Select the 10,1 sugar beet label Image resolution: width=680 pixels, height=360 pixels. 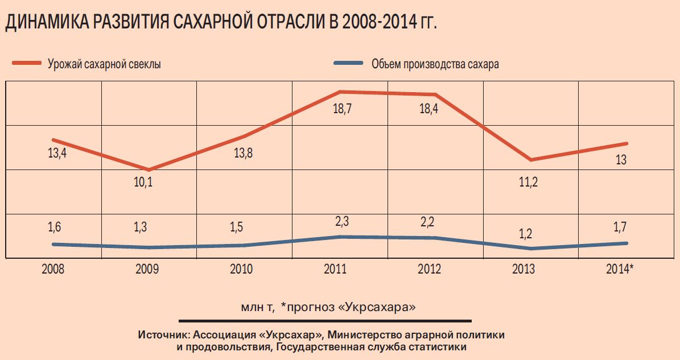coord(143,183)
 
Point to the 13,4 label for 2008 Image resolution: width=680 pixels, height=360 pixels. coord(57,153)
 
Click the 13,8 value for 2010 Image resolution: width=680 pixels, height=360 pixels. coord(244,153)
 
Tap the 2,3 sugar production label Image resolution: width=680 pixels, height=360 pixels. coord(340,219)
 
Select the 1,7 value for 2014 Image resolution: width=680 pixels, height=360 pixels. coord(620,227)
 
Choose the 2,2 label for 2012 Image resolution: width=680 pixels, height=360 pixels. coord(427,221)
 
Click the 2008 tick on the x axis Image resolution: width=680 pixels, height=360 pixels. coord(53,269)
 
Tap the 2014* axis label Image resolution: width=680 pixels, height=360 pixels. coord(620,269)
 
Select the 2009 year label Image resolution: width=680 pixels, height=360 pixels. coord(147,269)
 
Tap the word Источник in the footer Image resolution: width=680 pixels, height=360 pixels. coord(157,335)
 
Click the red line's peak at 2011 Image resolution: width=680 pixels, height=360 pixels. coord(339,92)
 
